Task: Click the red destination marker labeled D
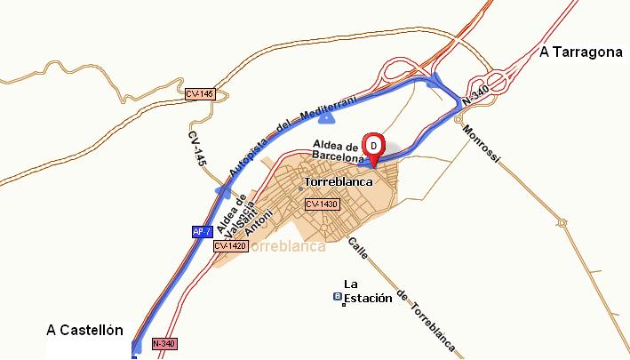[x=374, y=145]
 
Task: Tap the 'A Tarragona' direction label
[x=580, y=52]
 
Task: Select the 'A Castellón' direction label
[x=84, y=330]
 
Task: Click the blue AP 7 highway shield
[x=202, y=232]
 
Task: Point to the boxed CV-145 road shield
[x=200, y=92]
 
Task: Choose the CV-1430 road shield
[x=323, y=204]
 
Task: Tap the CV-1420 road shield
[x=228, y=245]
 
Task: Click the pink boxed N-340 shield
[x=163, y=343]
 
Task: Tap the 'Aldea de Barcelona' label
[x=338, y=150]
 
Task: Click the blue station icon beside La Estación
[x=337, y=297]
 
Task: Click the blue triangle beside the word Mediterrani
[x=327, y=116]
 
